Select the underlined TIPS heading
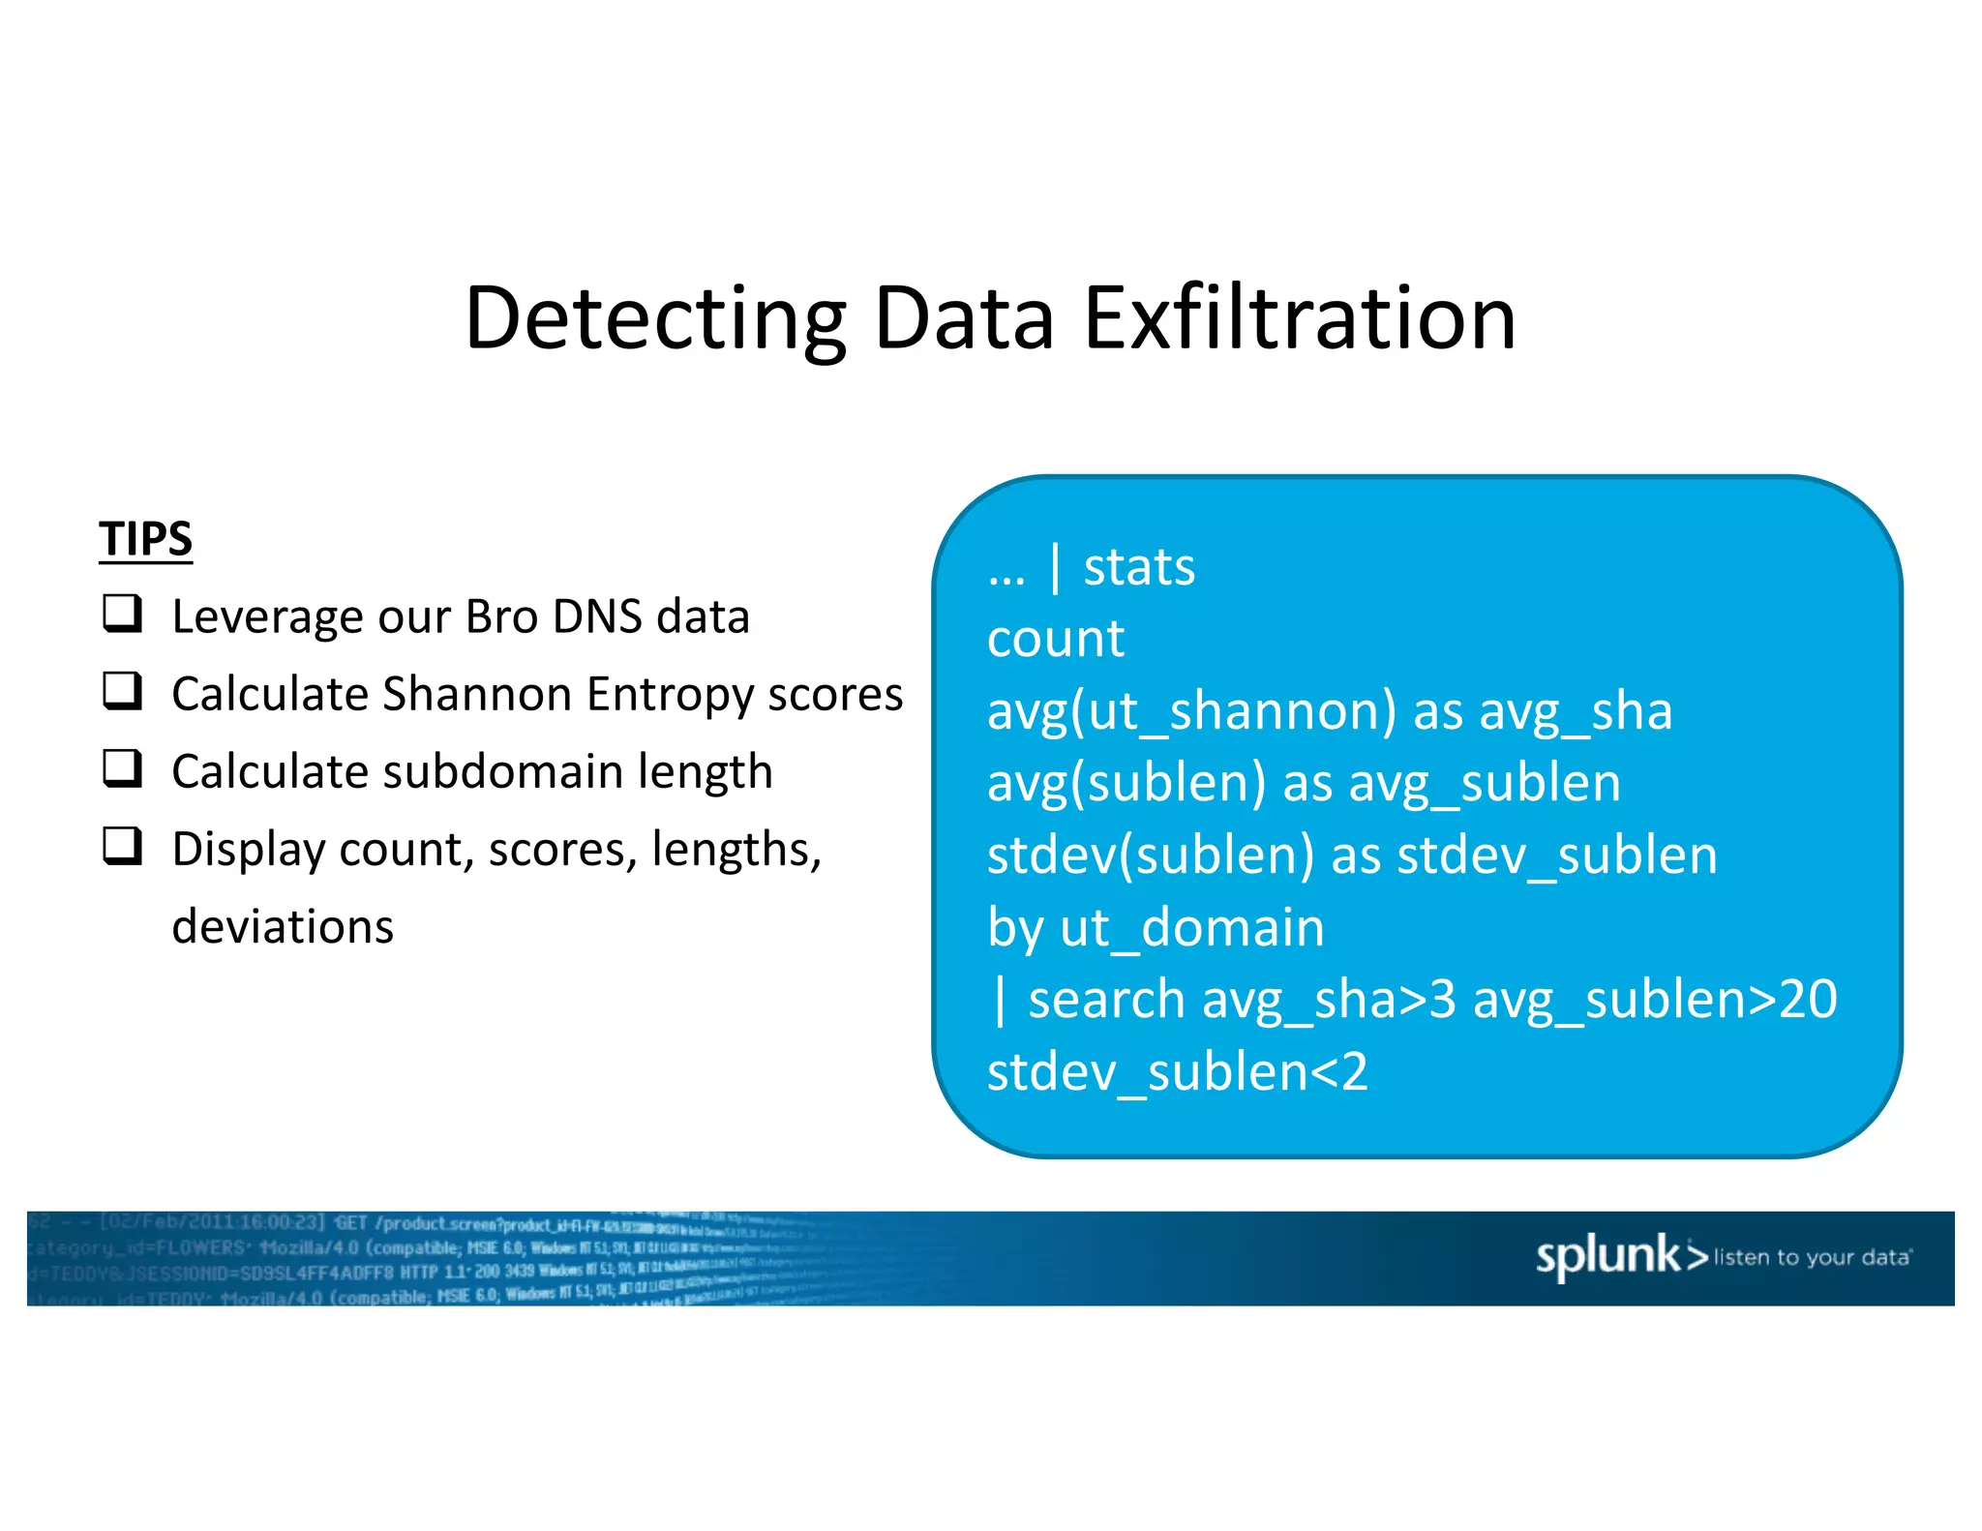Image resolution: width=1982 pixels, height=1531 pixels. click(x=145, y=538)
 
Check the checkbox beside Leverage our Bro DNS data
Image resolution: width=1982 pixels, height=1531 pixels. click(x=123, y=614)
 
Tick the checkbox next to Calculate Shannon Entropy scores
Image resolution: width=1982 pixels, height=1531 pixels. click(x=123, y=691)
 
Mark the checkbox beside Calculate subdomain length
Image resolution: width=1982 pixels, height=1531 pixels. click(x=123, y=768)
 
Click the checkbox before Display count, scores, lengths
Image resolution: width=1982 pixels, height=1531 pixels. click(x=123, y=846)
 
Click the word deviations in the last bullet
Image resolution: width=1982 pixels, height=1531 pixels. click(x=283, y=926)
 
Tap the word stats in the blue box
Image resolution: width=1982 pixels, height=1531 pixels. click(x=1139, y=567)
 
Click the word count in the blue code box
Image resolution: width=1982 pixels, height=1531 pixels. click(x=1056, y=639)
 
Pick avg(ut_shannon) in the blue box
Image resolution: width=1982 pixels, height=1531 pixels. click(x=1191, y=711)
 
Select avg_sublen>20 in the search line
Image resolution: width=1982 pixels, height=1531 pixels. click(x=1654, y=1000)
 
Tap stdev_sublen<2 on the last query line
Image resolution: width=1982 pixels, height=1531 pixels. click(x=1177, y=1072)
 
